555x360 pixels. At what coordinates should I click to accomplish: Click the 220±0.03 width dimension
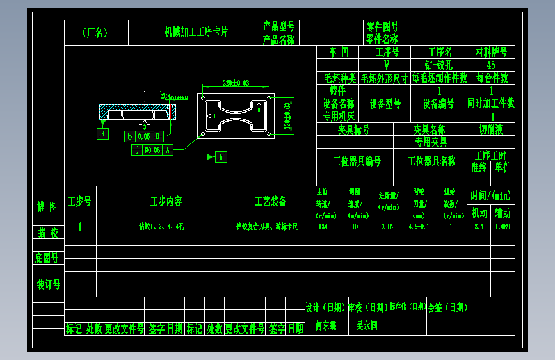(x=236, y=83)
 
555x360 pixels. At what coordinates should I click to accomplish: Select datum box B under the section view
(x=103, y=134)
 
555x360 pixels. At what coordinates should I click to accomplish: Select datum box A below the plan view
(x=221, y=156)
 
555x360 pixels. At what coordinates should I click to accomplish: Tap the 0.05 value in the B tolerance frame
(x=144, y=136)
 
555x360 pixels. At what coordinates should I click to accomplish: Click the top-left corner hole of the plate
(x=203, y=99)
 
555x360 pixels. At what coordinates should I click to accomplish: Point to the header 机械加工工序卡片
(x=196, y=31)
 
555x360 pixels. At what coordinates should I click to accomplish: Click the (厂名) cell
(x=95, y=33)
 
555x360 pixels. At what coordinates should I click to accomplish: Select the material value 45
(x=491, y=65)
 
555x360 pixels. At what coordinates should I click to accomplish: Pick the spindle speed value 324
(x=323, y=227)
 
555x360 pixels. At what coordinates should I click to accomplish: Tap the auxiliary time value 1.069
(x=503, y=227)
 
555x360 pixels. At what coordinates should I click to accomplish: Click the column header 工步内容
(x=166, y=202)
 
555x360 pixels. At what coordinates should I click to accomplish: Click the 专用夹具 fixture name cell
(x=431, y=142)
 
